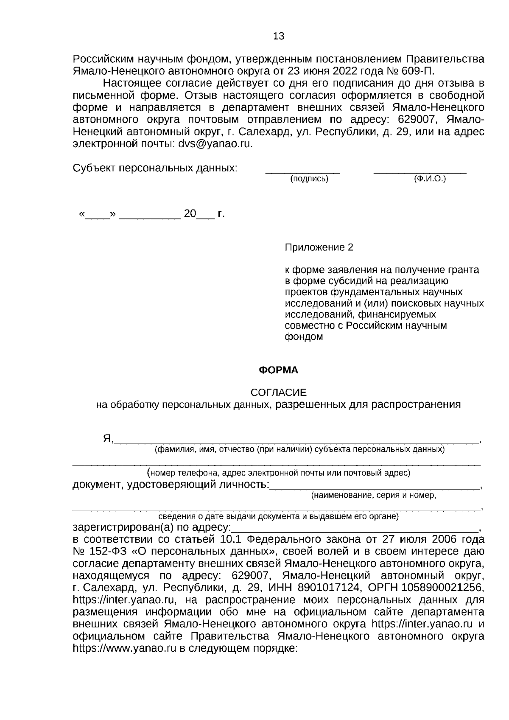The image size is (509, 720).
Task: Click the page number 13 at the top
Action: click(279, 36)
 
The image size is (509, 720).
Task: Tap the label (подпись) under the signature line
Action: click(309, 179)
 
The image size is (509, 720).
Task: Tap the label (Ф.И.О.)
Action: click(430, 179)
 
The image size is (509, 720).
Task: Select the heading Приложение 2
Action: click(319, 247)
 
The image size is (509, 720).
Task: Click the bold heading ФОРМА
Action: click(279, 370)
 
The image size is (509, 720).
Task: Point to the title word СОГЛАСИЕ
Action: click(278, 392)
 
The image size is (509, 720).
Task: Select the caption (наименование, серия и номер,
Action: click(374, 495)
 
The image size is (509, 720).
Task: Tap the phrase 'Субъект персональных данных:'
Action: click(155, 168)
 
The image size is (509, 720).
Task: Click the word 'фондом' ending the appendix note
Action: click(303, 337)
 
